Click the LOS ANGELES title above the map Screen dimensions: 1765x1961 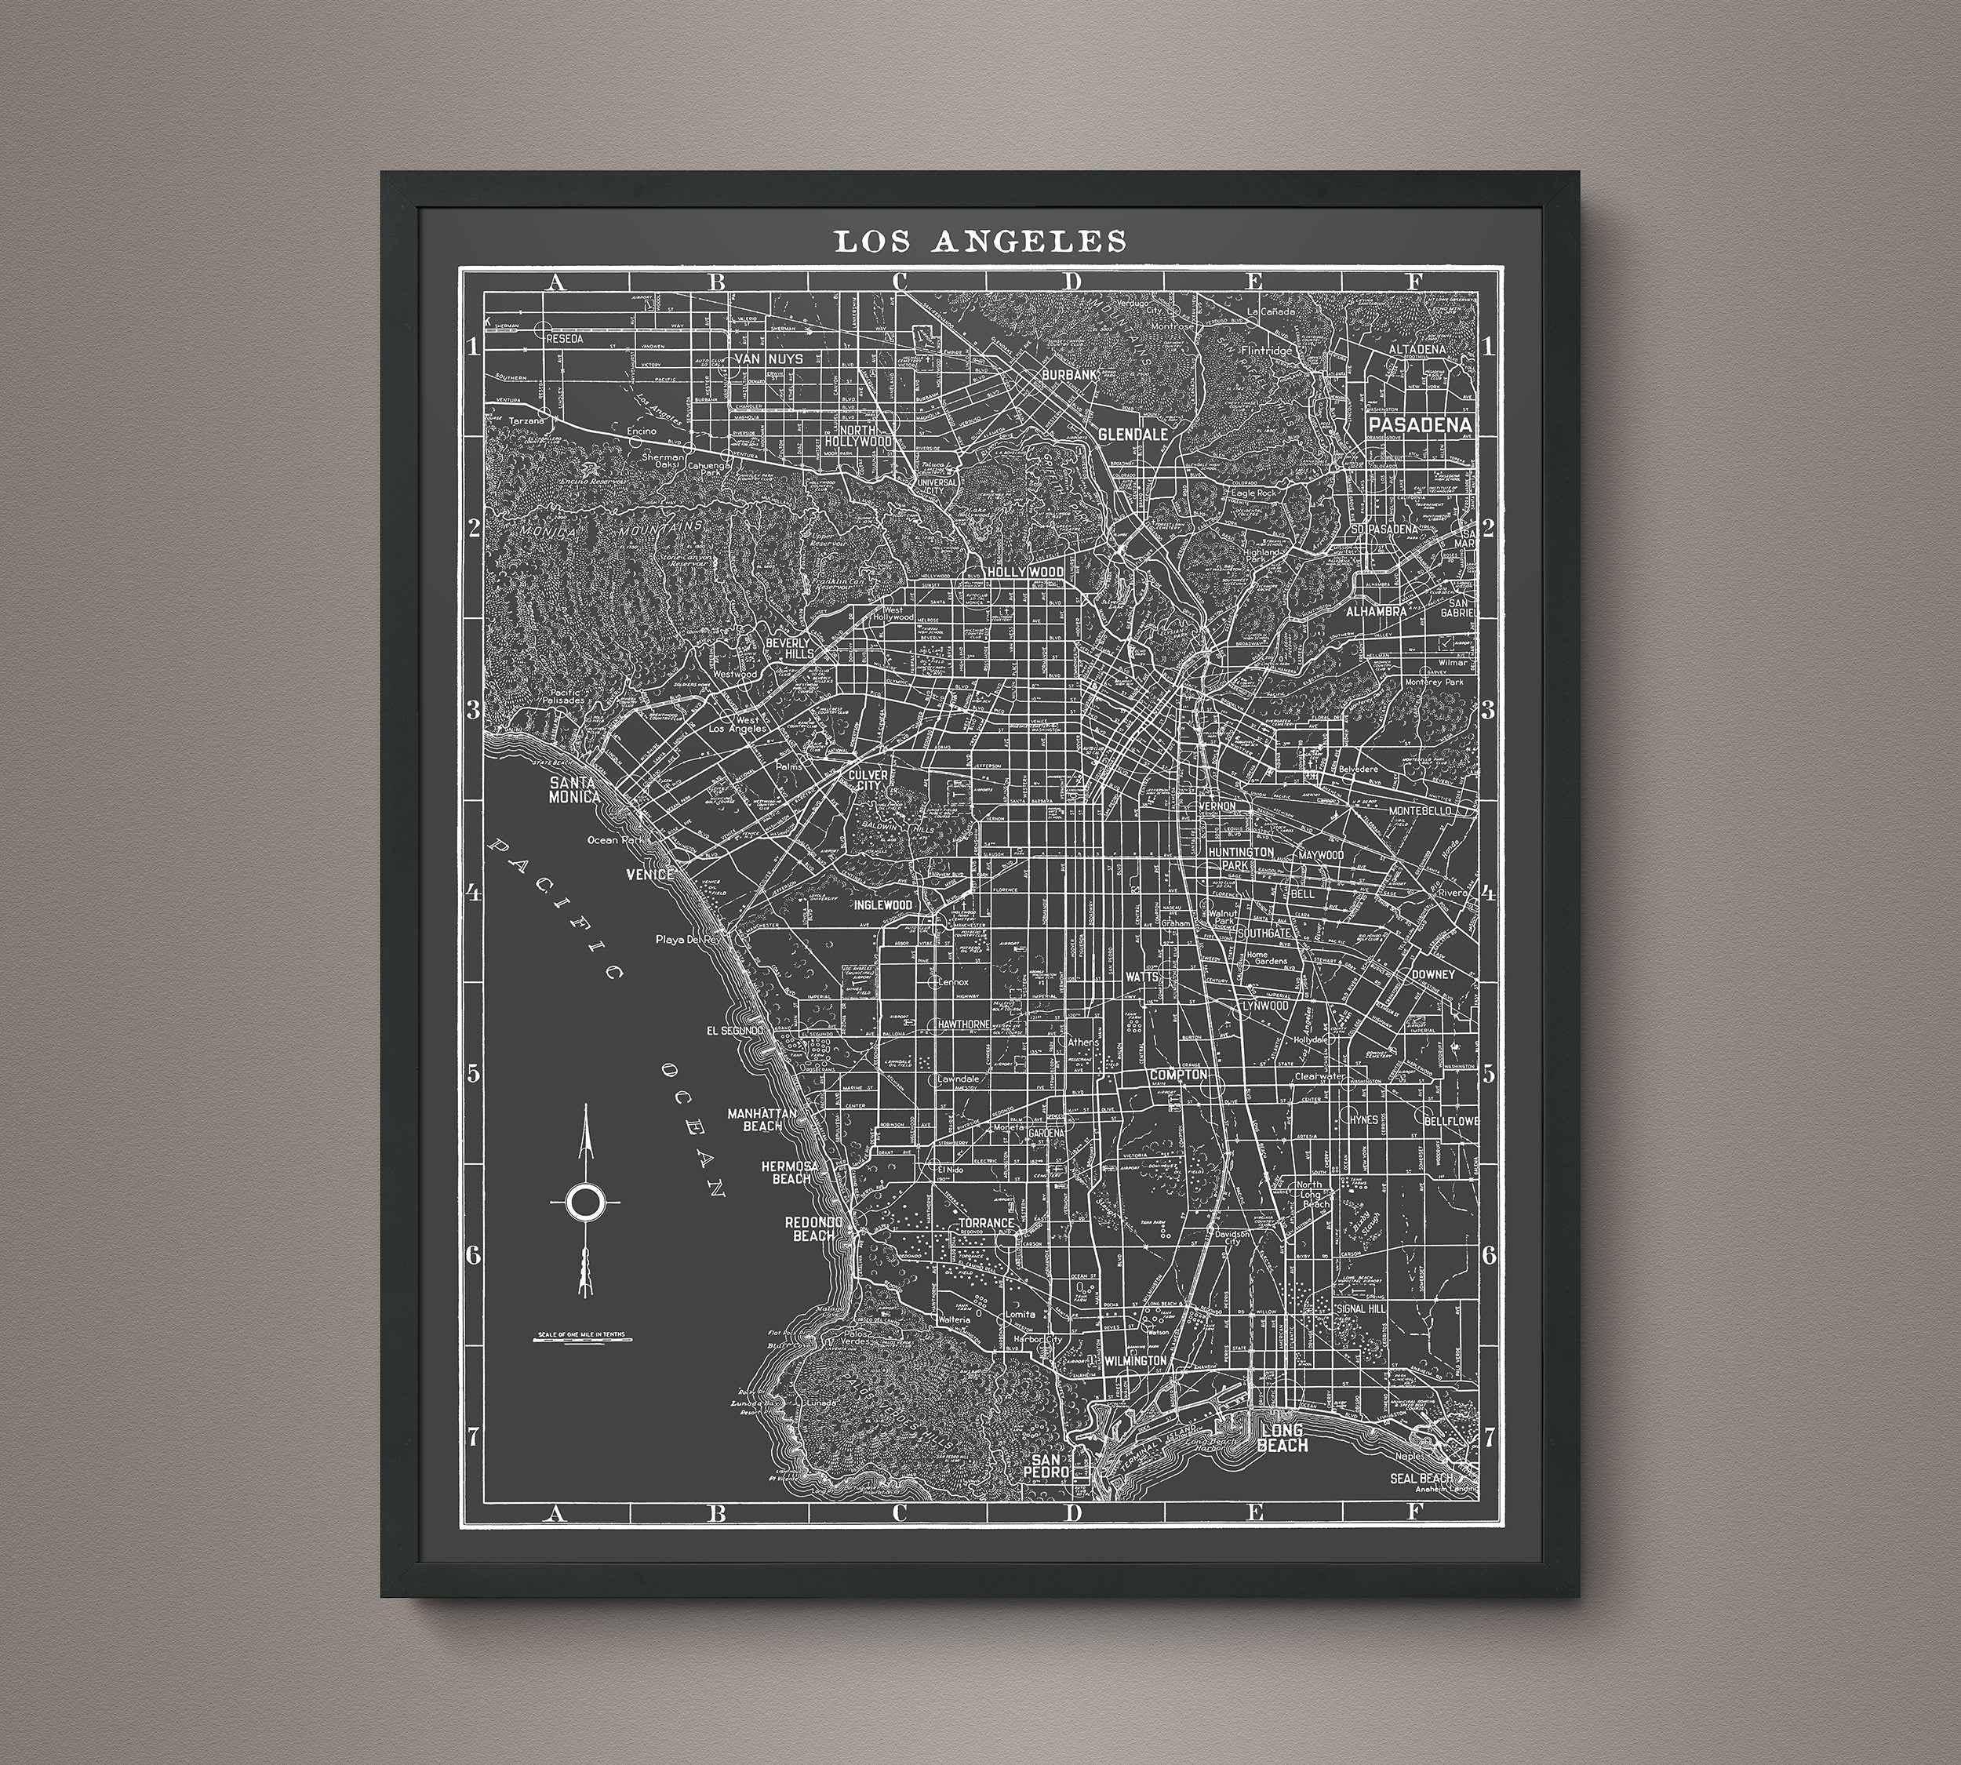pyautogui.click(x=980, y=242)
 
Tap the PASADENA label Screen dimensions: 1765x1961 pyautogui.click(x=1419, y=424)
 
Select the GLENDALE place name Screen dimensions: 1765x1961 pyautogui.click(x=1132, y=435)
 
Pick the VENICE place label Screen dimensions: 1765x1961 pyautogui.click(x=649, y=874)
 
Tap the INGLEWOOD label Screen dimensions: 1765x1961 pyautogui.click(x=882, y=904)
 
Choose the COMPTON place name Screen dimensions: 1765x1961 pyautogui.click(x=1178, y=1075)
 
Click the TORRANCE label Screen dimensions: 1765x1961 pyautogui.click(x=985, y=1223)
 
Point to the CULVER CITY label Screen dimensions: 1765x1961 pyautogui.click(x=868, y=781)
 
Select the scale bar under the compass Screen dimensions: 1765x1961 pyautogui.click(x=583, y=1341)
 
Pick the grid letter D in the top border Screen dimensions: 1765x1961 pyautogui.click(x=1071, y=282)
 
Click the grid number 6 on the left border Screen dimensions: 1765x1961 pyautogui.click(x=473, y=1256)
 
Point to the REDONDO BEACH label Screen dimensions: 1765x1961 pyautogui.click(x=813, y=1228)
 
